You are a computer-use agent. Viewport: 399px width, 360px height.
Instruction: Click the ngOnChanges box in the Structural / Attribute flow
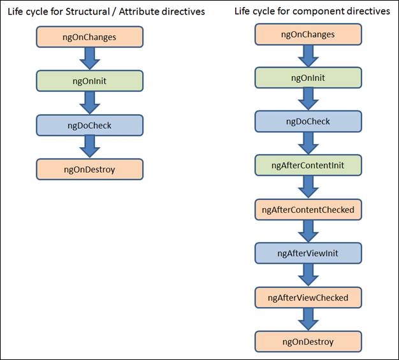click(x=89, y=37)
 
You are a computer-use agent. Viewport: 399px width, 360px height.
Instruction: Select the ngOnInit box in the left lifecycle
click(x=89, y=81)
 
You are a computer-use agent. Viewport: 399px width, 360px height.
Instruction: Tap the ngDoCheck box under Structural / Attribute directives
click(x=89, y=125)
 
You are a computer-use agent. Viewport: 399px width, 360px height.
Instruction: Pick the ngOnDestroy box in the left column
click(x=89, y=169)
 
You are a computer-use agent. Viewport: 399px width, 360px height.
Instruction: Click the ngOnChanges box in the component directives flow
click(x=308, y=34)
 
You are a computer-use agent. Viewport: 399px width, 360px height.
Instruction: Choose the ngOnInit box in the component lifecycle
click(x=308, y=78)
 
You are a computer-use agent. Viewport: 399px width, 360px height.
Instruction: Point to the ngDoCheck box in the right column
click(x=308, y=121)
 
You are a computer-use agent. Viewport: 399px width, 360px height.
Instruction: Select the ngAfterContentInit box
click(x=308, y=165)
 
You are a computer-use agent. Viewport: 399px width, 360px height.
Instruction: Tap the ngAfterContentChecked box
click(x=308, y=209)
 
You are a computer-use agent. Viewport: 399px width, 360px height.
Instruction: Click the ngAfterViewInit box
click(x=308, y=253)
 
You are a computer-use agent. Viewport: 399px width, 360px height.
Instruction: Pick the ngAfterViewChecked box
click(x=308, y=297)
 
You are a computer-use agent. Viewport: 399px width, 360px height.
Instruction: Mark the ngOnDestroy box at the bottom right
click(x=308, y=341)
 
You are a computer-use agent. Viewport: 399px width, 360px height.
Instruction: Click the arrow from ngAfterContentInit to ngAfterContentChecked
click(x=308, y=187)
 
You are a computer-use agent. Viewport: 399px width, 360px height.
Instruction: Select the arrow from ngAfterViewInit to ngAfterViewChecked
click(x=308, y=275)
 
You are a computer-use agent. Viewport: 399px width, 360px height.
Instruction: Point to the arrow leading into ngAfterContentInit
click(x=308, y=143)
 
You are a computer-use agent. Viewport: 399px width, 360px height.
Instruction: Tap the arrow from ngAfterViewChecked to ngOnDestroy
click(x=308, y=319)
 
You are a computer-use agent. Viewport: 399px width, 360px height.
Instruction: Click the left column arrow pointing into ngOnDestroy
click(x=89, y=147)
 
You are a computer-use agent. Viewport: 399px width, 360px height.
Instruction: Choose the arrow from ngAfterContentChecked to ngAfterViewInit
click(x=308, y=231)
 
